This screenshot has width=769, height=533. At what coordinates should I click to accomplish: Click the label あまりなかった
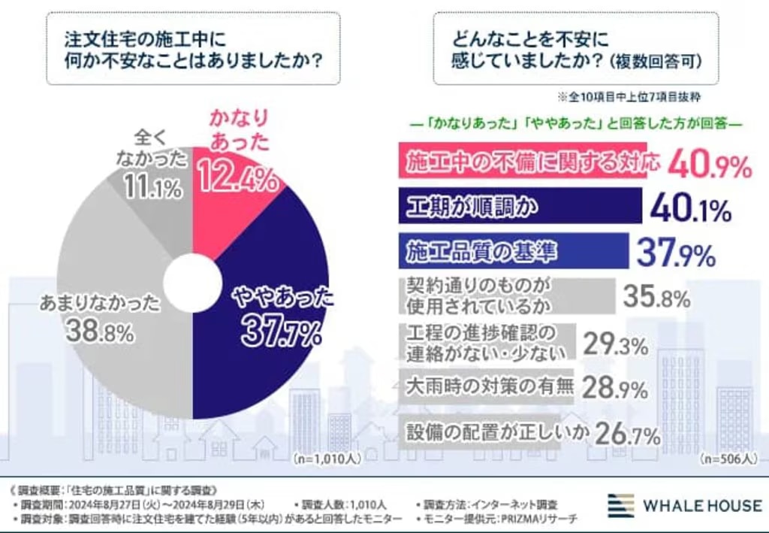coord(99,304)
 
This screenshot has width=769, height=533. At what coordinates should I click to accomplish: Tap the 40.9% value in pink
coord(709,164)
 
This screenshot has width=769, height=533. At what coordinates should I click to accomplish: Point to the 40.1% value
coord(690,210)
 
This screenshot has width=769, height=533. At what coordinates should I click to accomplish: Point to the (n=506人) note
coord(725,458)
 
